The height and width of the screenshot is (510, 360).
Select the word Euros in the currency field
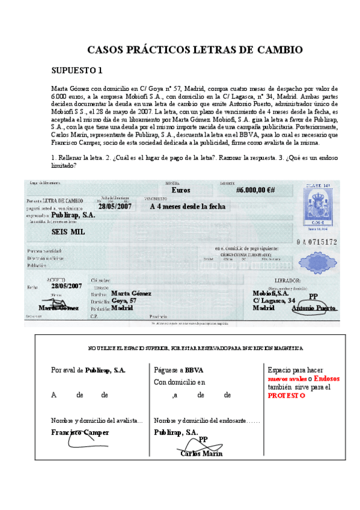(x=180, y=190)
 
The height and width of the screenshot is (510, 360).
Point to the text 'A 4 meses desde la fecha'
(x=188, y=206)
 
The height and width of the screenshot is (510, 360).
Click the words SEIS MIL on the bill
(x=68, y=232)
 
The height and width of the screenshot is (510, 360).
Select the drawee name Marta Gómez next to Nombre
(x=131, y=293)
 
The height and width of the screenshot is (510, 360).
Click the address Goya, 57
(x=124, y=300)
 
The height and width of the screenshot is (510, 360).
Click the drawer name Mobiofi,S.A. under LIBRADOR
(x=270, y=293)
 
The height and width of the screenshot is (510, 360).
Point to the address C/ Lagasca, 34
(x=273, y=300)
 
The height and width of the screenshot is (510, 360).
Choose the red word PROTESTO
(x=287, y=396)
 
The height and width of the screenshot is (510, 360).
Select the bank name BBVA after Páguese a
(x=194, y=370)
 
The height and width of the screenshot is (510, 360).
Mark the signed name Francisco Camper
(x=80, y=432)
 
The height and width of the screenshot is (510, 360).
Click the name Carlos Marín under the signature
(x=201, y=454)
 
